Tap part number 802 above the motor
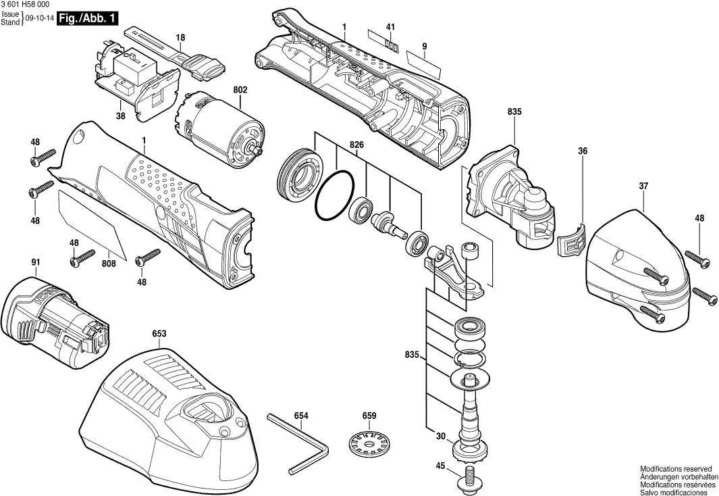[240, 89]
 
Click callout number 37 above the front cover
[643, 184]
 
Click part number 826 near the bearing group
[356, 145]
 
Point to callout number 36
[583, 151]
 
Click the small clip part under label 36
[572, 240]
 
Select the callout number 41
[390, 26]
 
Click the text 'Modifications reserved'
[676, 468]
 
